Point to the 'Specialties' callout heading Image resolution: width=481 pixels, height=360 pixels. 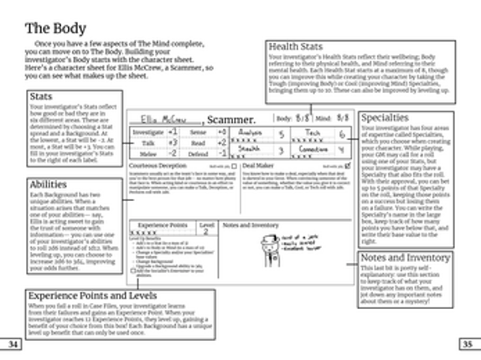[385, 118]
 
